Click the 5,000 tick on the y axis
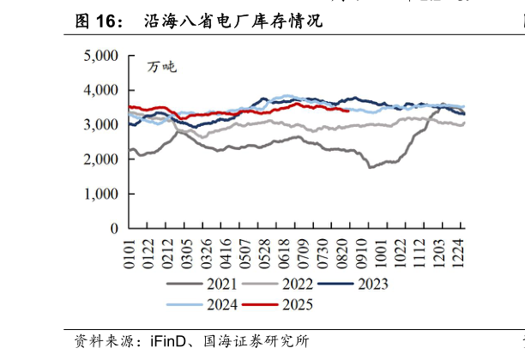click(x=101, y=56)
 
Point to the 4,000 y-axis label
click(x=101, y=90)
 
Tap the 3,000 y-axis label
click(x=101, y=125)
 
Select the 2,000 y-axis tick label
click(x=101, y=159)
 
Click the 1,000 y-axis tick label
click(x=101, y=195)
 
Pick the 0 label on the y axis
click(x=113, y=229)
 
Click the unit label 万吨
click(x=161, y=67)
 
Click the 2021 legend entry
click(x=210, y=284)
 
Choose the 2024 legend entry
click(x=210, y=304)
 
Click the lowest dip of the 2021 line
click(x=371, y=167)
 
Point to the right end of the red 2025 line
click(x=348, y=110)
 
